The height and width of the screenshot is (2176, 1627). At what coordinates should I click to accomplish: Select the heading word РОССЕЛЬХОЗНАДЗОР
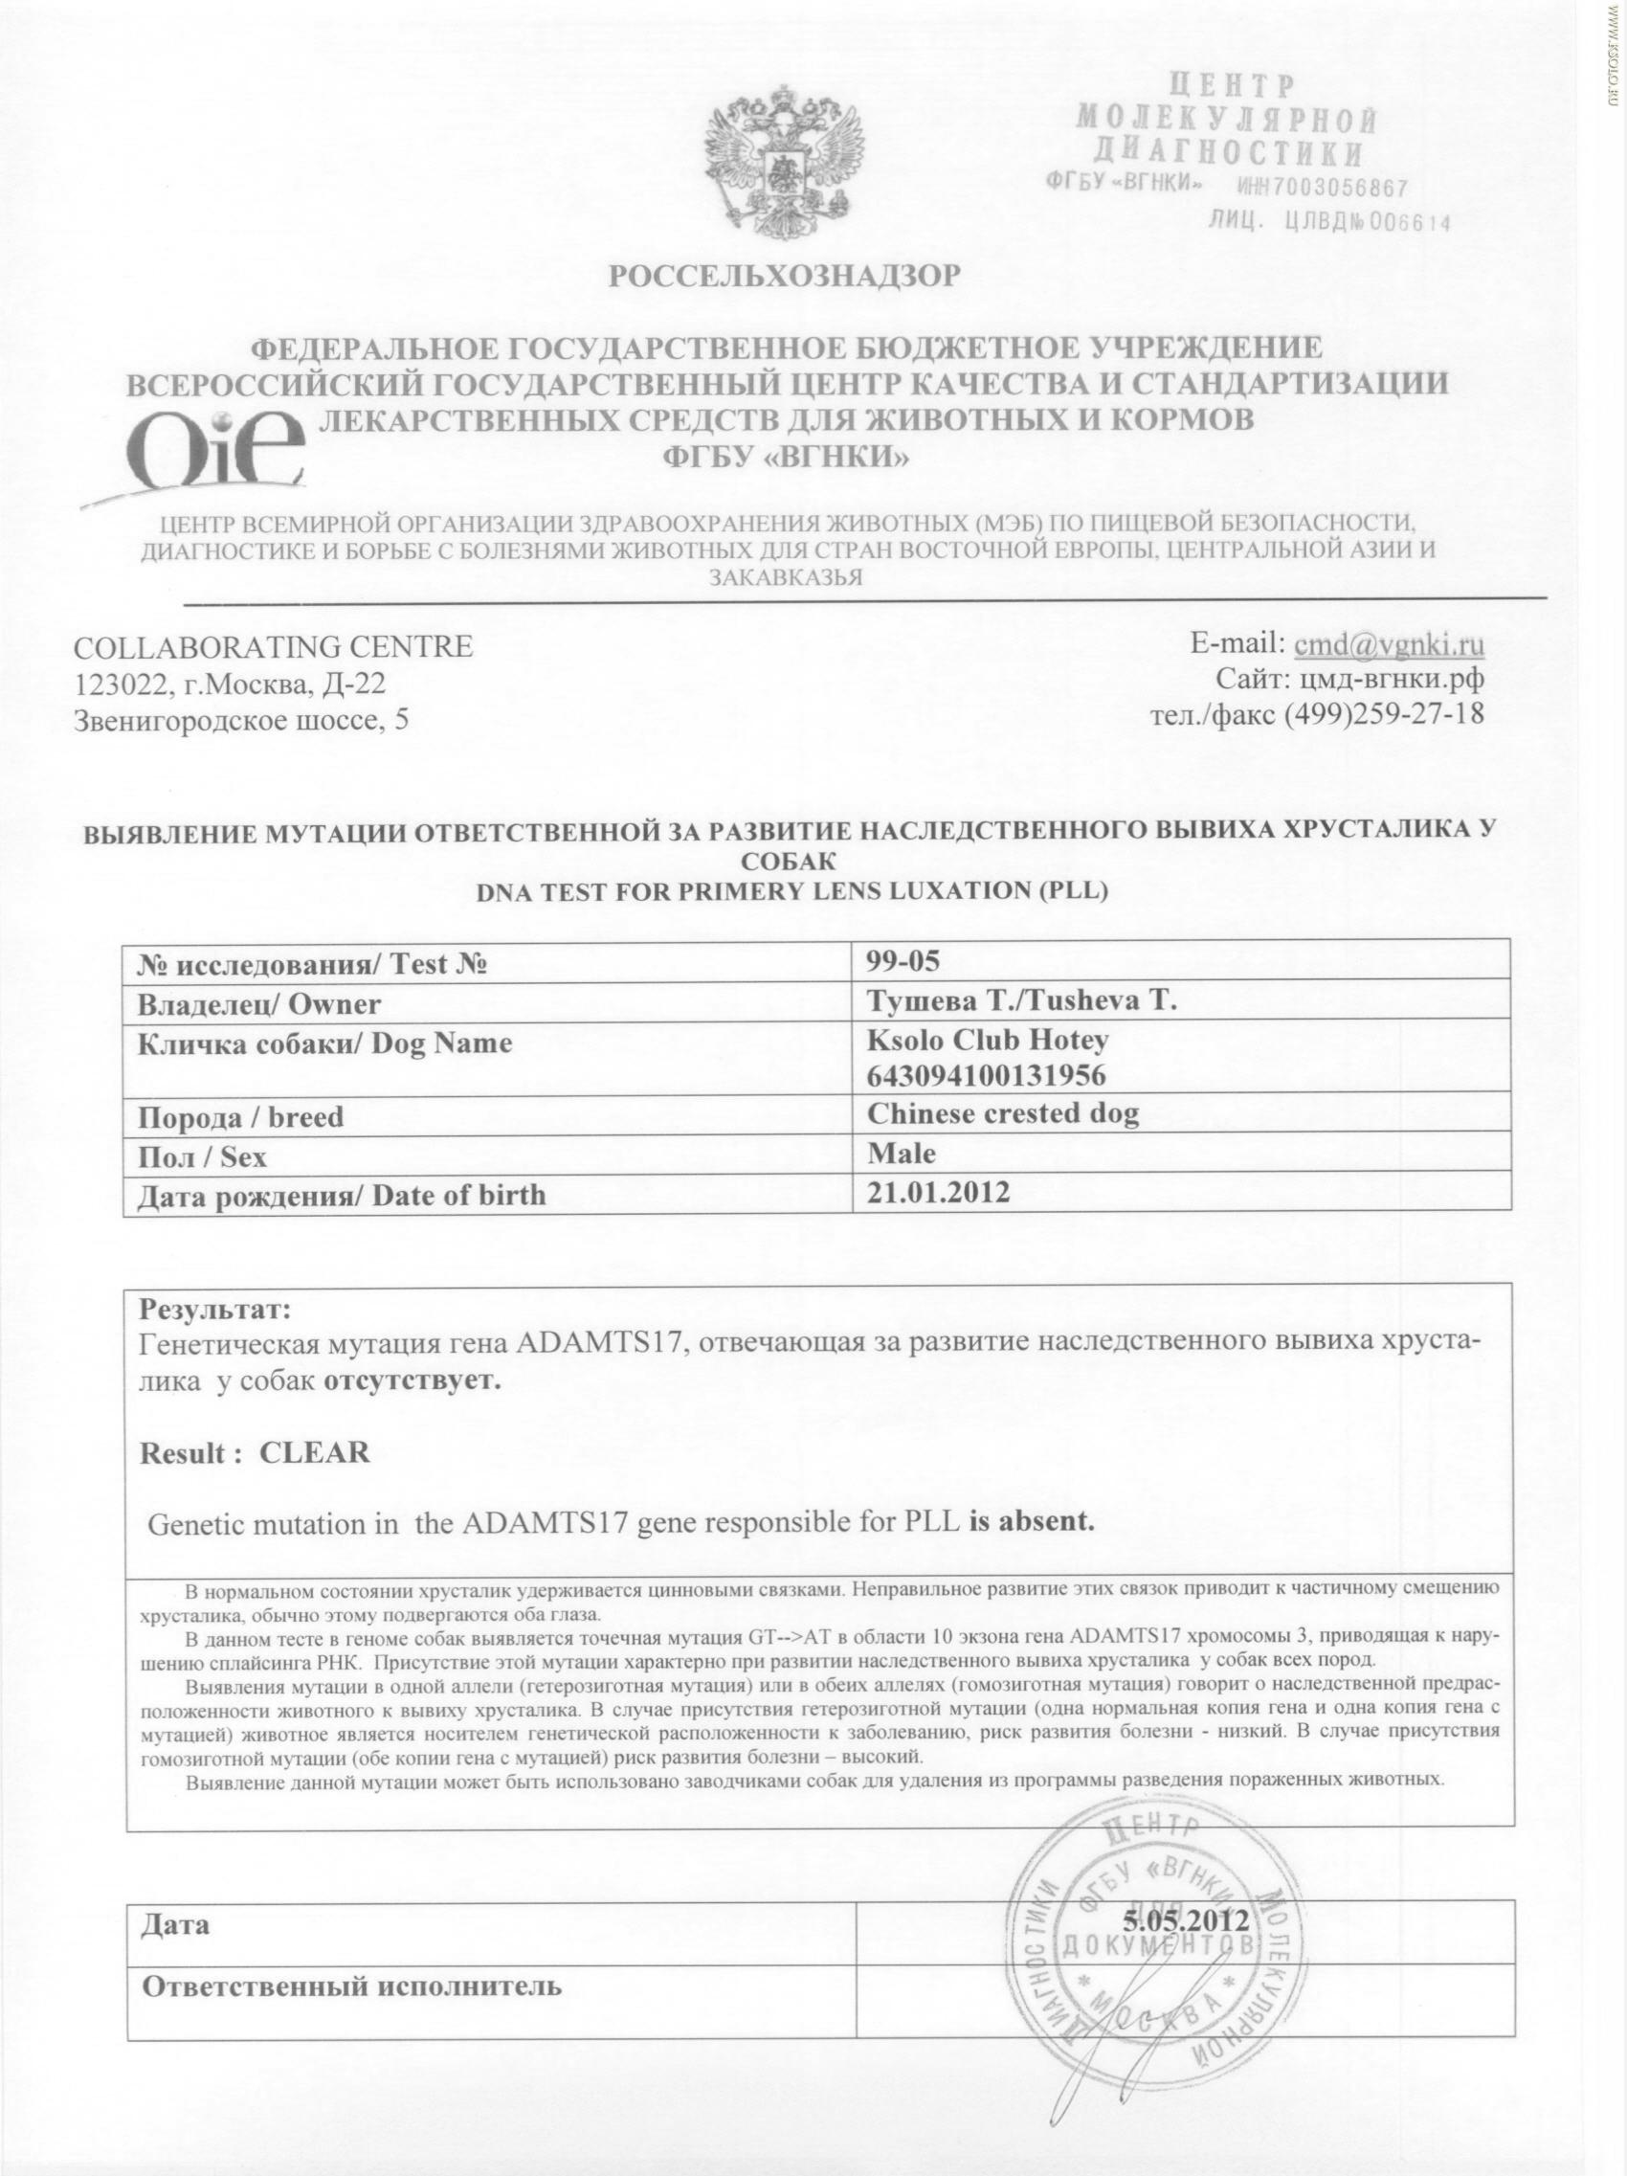click(783, 277)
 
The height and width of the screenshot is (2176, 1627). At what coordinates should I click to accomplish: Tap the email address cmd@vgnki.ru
click(1389, 644)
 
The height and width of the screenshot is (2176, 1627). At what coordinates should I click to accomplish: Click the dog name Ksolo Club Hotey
click(987, 1040)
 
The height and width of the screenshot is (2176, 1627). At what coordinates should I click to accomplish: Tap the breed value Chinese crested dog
click(1002, 1113)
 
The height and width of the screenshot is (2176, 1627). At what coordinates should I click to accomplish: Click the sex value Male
click(901, 1152)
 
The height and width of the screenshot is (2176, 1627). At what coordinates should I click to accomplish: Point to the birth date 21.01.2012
click(939, 1192)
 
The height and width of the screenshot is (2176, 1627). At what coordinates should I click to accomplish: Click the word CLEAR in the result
click(314, 1453)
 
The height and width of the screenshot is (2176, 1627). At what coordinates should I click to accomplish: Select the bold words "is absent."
click(1032, 1524)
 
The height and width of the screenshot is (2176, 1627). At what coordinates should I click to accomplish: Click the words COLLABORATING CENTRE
click(274, 646)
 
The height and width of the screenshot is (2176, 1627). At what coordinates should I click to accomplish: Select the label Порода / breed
click(241, 1116)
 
